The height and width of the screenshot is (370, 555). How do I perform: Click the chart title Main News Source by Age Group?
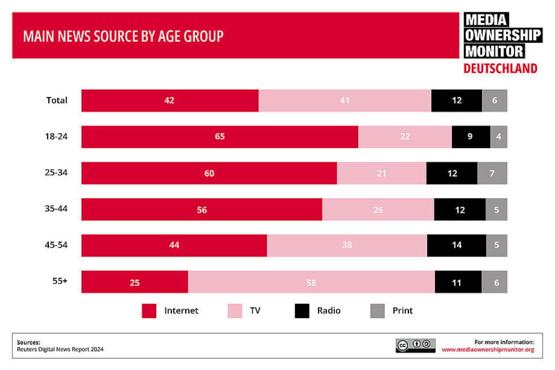pyautogui.click(x=123, y=36)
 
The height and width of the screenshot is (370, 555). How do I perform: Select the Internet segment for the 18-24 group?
pyautogui.click(x=220, y=137)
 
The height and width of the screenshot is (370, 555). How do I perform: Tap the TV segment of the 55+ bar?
pyautogui.click(x=311, y=282)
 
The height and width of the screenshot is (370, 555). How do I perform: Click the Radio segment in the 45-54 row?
pyautogui.click(x=456, y=246)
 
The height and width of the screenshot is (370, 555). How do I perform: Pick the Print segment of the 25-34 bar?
pyautogui.click(x=492, y=173)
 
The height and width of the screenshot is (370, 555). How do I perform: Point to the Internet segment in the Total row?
pyautogui.click(x=170, y=101)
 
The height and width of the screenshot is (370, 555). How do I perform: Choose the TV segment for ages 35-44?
pyautogui.click(x=378, y=210)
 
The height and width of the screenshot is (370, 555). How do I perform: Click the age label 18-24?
pyautogui.click(x=56, y=136)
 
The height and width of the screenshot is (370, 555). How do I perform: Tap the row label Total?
pyautogui.click(x=56, y=101)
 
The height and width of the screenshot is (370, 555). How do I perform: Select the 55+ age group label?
pyautogui.click(x=60, y=281)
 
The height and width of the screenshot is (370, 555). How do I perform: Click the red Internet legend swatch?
pyautogui.click(x=149, y=311)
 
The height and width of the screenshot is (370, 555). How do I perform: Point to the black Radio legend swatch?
pyautogui.click(x=302, y=311)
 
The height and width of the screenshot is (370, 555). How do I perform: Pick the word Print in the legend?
pyautogui.click(x=402, y=310)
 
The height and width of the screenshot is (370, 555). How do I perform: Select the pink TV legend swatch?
pyautogui.click(x=234, y=311)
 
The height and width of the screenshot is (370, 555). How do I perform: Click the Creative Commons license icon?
pyautogui.click(x=415, y=345)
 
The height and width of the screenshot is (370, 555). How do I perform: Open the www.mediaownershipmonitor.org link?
pyautogui.click(x=488, y=350)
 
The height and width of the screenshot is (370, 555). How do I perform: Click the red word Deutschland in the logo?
pyautogui.click(x=500, y=68)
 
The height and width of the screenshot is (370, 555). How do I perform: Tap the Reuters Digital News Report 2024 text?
pyautogui.click(x=60, y=349)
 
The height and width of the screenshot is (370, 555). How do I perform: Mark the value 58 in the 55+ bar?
pyautogui.click(x=311, y=282)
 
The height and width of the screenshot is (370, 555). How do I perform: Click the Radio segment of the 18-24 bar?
pyautogui.click(x=470, y=137)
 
